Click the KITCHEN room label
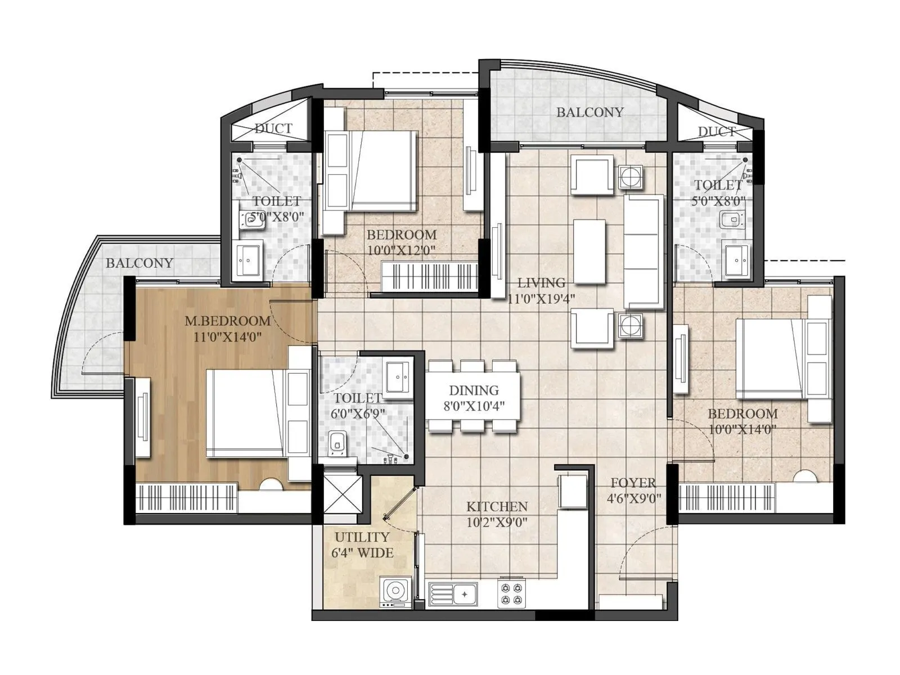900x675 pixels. [x=497, y=507]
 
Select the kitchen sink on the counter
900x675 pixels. [x=453, y=594]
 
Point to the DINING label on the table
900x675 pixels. [x=474, y=390]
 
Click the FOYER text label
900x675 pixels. [x=633, y=483]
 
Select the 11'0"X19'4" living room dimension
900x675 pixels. [x=541, y=298]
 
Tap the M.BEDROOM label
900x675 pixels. [x=227, y=321]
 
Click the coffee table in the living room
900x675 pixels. [x=589, y=251]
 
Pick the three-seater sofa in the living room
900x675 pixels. [x=643, y=251]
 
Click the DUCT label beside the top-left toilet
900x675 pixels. [x=273, y=128]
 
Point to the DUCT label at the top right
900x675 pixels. [x=717, y=132]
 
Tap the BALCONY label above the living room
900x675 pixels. [x=589, y=112]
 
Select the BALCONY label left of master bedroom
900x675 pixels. [x=139, y=263]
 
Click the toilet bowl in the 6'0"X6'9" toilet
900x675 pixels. [x=337, y=443]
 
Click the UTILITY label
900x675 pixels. [x=362, y=537]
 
